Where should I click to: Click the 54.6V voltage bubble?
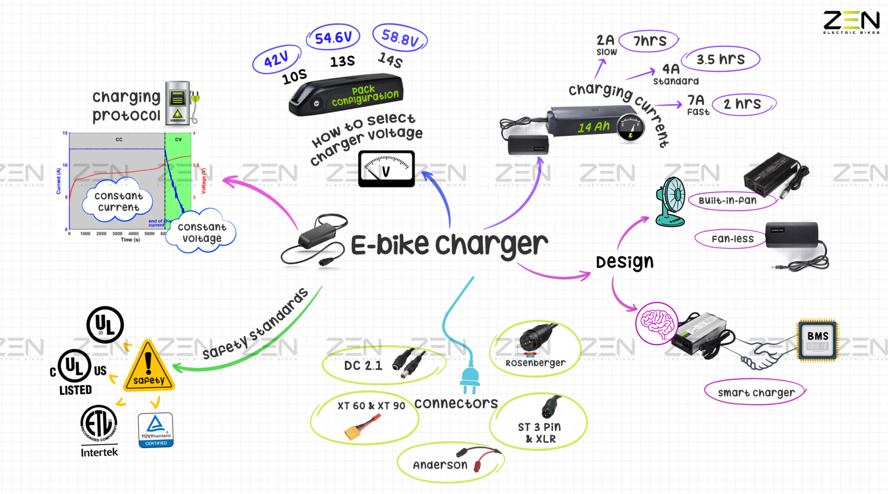point(333,37)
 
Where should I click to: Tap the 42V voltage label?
point(276,59)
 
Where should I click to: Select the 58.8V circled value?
point(400,38)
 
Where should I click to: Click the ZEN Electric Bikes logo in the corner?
point(851,22)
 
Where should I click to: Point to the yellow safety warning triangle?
point(149,368)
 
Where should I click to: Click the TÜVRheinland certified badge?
point(155,430)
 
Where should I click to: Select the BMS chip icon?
point(818,340)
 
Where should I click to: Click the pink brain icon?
point(656,323)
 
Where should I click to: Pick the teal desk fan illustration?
point(671,202)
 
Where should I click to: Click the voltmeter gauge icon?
point(386,169)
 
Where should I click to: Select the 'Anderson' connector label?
point(440,465)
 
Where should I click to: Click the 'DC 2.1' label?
point(363,366)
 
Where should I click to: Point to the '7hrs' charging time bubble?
point(650,41)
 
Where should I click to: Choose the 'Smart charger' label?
point(756,393)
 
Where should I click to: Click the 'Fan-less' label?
point(733,239)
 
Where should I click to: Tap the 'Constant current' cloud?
point(118,202)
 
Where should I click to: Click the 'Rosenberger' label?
point(535,363)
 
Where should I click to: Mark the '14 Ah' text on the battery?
point(594,127)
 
